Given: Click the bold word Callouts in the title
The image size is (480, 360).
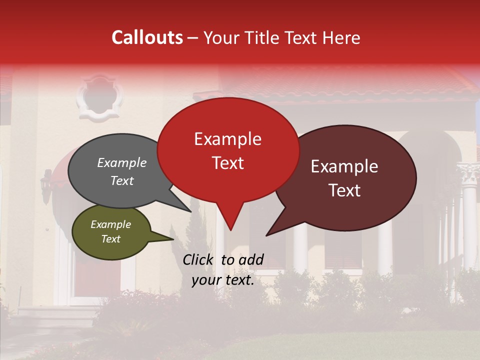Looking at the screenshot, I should (x=147, y=37).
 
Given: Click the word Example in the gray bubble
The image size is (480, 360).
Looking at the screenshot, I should (x=122, y=163).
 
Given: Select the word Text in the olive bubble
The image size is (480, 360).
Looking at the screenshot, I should (x=111, y=239).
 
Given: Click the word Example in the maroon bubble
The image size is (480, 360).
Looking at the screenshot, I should (x=344, y=166).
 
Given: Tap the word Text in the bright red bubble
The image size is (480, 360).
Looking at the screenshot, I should (x=228, y=163).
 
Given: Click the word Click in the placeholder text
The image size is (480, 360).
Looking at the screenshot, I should (x=199, y=259).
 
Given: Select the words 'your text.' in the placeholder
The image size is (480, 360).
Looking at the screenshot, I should (x=223, y=280).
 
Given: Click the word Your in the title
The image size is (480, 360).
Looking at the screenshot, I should (x=220, y=37).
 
